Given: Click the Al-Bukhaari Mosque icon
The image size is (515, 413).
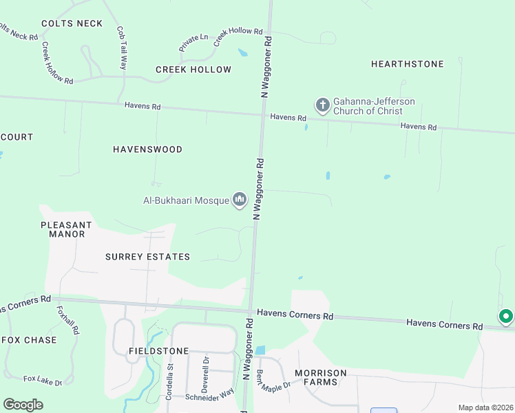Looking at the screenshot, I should pos(240,200).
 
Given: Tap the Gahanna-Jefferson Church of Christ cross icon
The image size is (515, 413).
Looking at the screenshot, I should pos(322,105).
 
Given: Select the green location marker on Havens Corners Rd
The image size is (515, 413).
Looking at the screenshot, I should pos(506,317).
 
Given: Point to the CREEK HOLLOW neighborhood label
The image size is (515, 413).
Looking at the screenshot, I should pos(193,70).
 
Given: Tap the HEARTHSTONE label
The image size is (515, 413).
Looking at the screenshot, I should pos(407,64).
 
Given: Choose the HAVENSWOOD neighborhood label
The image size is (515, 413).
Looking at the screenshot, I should pos(147,149).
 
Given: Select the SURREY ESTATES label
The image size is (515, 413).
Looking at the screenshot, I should pos(147,257).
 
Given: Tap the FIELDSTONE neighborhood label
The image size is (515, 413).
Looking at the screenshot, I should pos(158,351).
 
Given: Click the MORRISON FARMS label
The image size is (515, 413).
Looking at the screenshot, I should pos(321,378).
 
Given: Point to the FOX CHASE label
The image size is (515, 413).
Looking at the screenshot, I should pos(29,340).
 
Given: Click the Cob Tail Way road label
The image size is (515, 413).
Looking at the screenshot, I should pos(122,48).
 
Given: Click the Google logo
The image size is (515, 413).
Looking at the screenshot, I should pos(23,405).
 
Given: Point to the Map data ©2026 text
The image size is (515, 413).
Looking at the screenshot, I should pos(485,407).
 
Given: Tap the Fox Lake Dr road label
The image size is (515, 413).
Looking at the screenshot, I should pos(43,380).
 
